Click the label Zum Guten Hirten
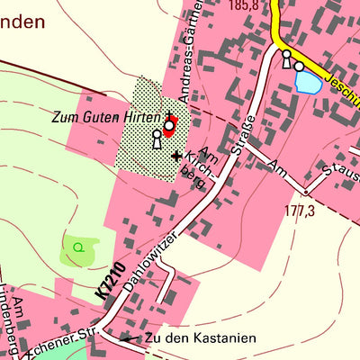pyautogui.click(x=106, y=117)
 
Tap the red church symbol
pyautogui.click(x=169, y=128)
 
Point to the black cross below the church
pyautogui.click(x=176, y=156)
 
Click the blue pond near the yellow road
pyautogui.click(x=307, y=84)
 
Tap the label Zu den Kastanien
pyautogui.click(x=200, y=338)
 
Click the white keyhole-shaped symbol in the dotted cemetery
pyautogui.click(x=157, y=139)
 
